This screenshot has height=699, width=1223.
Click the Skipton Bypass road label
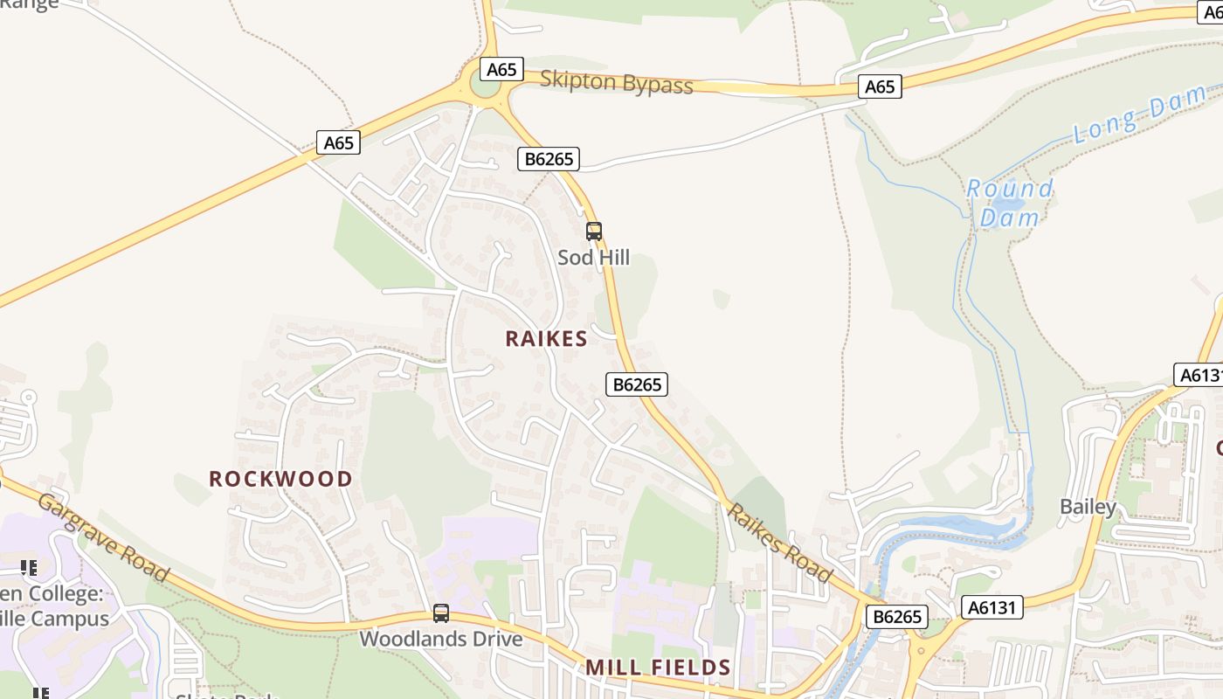coord(616,82)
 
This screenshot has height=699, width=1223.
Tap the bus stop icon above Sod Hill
coord(594,232)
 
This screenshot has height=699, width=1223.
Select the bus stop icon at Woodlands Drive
coord(441,613)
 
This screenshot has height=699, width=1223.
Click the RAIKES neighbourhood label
coord(546,339)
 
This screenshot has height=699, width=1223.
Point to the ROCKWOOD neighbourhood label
coord(280,479)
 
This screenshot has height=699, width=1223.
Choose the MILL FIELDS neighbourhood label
coord(658,668)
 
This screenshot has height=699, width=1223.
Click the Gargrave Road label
coord(103,537)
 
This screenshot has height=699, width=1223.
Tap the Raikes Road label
coord(780,543)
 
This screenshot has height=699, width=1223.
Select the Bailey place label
coord(1088,507)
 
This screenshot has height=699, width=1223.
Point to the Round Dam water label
coord(1010,203)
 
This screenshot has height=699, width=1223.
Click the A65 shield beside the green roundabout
coord(501,69)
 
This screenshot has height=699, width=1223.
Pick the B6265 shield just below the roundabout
coord(549,159)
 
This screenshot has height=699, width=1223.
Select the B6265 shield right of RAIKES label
coord(637,384)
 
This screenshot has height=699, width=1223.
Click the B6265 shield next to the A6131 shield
coord(897,617)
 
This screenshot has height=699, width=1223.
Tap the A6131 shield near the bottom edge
coord(992,607)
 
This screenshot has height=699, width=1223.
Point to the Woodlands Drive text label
coord(441,639)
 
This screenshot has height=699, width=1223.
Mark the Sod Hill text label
coord(594,258)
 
